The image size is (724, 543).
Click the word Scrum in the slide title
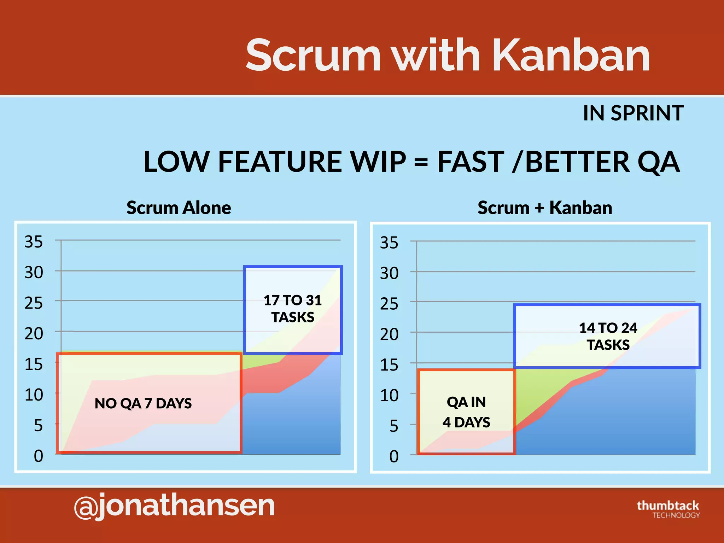coord(313,56)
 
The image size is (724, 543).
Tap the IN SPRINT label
coord(633,113)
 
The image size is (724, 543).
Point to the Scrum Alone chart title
coord(179,208)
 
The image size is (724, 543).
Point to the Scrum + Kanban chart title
coord(545,208)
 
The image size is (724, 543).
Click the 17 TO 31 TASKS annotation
coord(293,309)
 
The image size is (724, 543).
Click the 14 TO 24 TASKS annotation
coord(608,336)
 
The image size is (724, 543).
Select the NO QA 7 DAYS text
coord(143,403)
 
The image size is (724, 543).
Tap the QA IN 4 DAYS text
coord(466,412)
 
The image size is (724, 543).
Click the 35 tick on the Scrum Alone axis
coord(34,242)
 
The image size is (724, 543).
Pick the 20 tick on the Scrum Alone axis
coord(34,334)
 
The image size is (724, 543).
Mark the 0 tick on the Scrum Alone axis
coord(38,456)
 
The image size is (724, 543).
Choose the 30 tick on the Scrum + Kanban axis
coord(389,273)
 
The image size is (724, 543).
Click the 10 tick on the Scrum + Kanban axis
coord(389,396)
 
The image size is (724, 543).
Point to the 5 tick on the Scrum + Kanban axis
coord(394,426)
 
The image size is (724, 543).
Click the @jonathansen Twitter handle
coord(174,506)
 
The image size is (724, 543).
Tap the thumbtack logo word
coord(668,505)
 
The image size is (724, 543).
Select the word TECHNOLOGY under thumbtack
coord(676,515)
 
